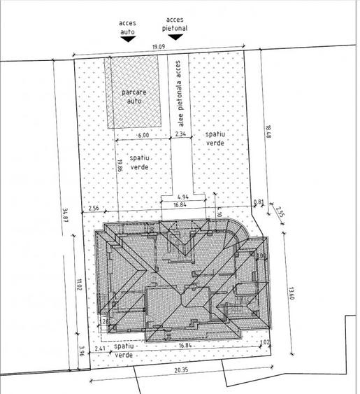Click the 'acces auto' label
coord(127,27)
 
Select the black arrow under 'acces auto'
coord(127,40)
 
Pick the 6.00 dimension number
coord(143,134)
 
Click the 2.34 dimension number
coord(180,134)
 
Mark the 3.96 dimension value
coord(81,351)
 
